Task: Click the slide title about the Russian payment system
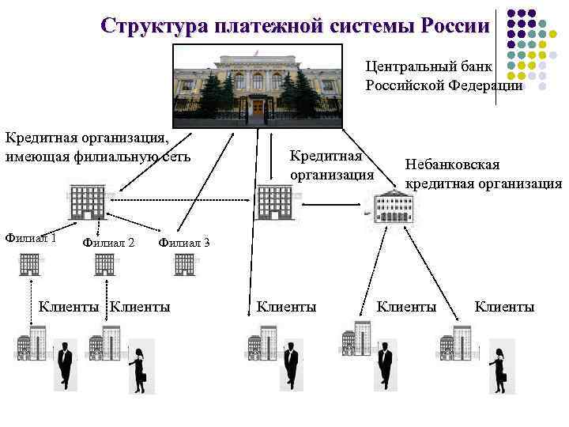(295, 25)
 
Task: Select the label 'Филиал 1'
(30, 237)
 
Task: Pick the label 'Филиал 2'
(108, 243)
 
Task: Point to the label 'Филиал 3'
(184, 243)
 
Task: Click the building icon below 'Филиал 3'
(185, 264)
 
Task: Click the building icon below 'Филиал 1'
(30, 264)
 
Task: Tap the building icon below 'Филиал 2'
(105, 264)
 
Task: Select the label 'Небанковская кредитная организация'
(482, 174)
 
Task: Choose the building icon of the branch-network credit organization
(86, 202)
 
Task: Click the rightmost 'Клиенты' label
(504, 307)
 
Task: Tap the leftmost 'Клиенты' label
(69, 307)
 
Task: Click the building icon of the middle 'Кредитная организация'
(273, 202)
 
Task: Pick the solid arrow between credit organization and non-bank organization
(331, 206)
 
